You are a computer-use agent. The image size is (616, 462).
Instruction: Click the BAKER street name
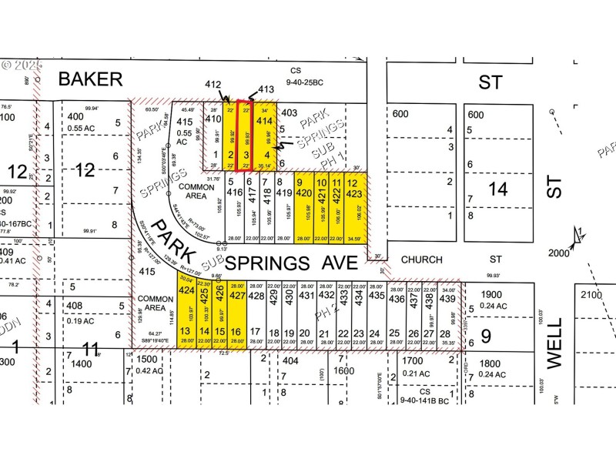coord(90,79)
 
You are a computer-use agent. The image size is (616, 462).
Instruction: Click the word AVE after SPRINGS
coord(341,263)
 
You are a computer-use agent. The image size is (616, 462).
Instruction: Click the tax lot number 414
coord(264,121)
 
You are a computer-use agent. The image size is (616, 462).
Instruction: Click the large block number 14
coord(500,188)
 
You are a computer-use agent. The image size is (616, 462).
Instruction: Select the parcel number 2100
coord(594,295)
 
